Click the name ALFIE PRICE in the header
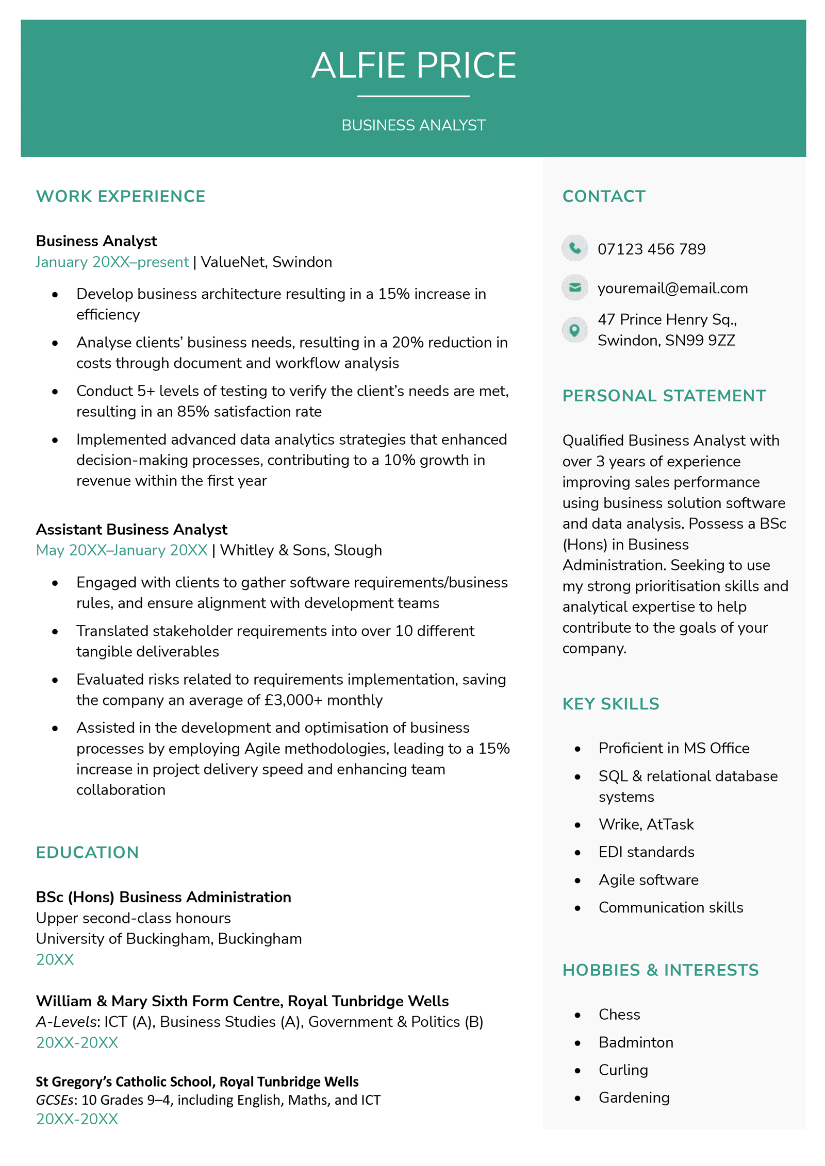tap(413, 66)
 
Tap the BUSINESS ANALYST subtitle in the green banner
tap(413, 125)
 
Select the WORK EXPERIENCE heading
tap(121, 196)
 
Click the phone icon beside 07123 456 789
tap(574, 248)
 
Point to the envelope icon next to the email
tap(574, 288)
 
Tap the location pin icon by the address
tap(574, 330)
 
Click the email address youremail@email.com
tap(672, 288)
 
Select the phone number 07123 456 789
tap(651, 249)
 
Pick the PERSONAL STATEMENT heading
tap(664, 396)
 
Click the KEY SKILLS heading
tap(610, 704)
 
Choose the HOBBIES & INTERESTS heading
tap(660, 970)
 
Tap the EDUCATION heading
tap(88, 853)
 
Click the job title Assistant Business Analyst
tap(131, 530)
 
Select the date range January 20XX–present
tap(112, 262)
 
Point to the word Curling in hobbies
tap(623, 1070)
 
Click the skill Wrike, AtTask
tap(646, 824)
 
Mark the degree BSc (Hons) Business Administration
tap(163, 897)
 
